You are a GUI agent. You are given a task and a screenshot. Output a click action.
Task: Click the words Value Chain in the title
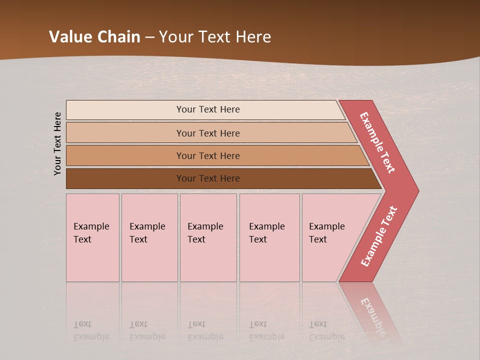pos(94,37)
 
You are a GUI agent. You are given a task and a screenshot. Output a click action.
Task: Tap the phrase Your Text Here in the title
pos(215,37)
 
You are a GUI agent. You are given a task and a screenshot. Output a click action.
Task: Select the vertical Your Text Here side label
pos(57,143)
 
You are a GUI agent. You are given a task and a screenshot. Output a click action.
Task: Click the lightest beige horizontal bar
pos(125,110)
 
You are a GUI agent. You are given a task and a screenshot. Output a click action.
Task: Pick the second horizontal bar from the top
pos(125,133)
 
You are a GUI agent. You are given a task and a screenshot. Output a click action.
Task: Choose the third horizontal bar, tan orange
pos(125,155)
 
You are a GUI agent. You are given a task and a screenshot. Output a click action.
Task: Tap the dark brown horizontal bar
pos(125,178)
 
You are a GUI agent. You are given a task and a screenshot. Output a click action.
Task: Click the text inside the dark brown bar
pos(208,178)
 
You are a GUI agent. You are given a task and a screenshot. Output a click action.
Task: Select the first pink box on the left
pos(92,238)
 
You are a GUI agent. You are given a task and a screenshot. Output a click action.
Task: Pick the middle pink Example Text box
pos(208,238)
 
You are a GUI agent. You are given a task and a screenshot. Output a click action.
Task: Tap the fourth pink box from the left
pos(269,238)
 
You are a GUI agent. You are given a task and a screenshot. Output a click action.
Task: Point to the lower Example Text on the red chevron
pos(378,236)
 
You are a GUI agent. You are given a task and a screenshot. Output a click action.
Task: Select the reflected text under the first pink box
pos(91,330)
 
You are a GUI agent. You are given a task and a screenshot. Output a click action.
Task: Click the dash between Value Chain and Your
pos(149,37)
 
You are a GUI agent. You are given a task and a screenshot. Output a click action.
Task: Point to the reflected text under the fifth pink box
pos(326,330)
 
